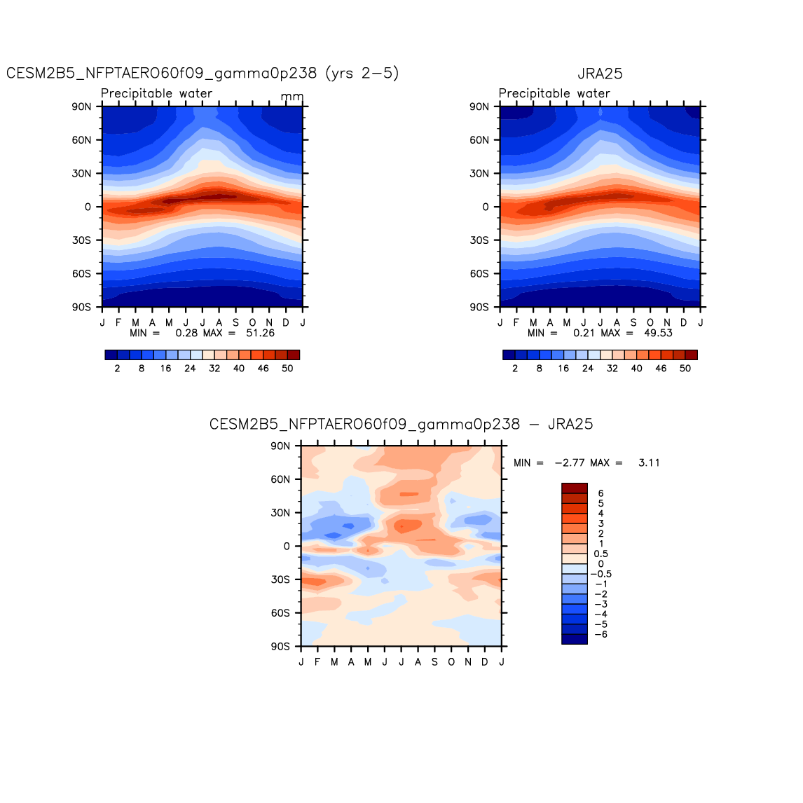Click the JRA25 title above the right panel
click(x=600, y=74)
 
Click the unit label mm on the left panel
click(x=292, y=96)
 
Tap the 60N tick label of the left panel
click(x=81, y=140)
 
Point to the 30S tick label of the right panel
click(x=479, y=240)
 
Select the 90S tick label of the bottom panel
click(x=280, y=646)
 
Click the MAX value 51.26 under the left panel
click(x=260, y=333)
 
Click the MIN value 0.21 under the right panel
click(x=584, y=333)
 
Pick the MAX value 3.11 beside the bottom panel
click(x=649, y=463)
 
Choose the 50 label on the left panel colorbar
click(x=287, y=369)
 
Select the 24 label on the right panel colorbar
click(x=588, y=369)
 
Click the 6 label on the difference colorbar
click(x=600, y=493)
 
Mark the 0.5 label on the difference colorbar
click(x=600, y=554)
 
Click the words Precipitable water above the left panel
click(x=156, y=93)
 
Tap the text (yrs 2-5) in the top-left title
click(x=362, y=74)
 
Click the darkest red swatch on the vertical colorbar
click(x=574, y=488)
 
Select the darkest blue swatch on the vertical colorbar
click(x=574, y=639)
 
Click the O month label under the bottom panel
click(x=451, y=662)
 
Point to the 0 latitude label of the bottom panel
click(x=287, y=547)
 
